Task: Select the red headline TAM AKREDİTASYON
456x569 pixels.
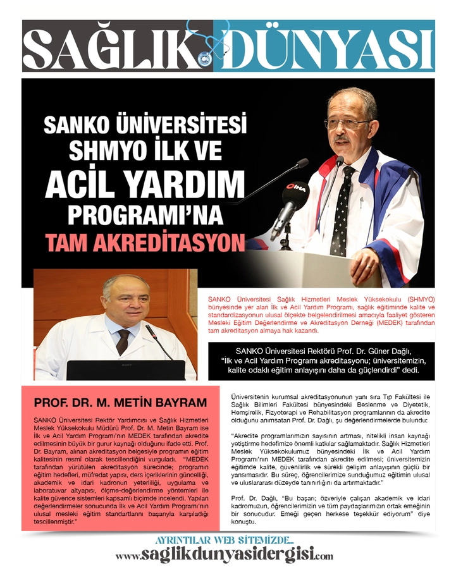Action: (144, 243)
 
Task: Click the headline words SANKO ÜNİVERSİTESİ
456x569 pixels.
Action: (145, 123)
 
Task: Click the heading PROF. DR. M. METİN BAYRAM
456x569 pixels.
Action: (120, 403)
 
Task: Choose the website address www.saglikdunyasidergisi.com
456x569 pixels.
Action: (225, 555)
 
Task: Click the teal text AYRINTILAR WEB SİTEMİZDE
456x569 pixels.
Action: (224, 541)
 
